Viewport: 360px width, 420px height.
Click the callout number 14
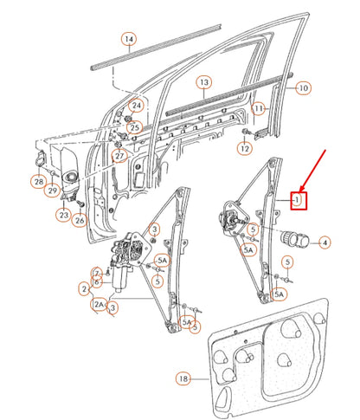tap(128, 40)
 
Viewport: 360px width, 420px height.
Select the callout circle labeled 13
tap(203, 83)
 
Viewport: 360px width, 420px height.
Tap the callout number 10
tap(303, 88)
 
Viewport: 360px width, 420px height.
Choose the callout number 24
tap(135, 107)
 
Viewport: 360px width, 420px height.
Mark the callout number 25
tap(133, 128)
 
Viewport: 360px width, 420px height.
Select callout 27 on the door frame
tap(120, 156)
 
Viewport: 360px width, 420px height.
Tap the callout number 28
tap(38, 181)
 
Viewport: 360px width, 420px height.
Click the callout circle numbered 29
tap(53, 191)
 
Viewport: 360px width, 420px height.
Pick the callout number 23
tap(64, 215)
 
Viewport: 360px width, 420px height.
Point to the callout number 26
tap(80, 221)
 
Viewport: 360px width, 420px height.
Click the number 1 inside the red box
tap(297, 200)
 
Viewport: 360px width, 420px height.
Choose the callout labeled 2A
tap(100, 304)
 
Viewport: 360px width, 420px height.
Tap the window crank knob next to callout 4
tap(294, 240)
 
